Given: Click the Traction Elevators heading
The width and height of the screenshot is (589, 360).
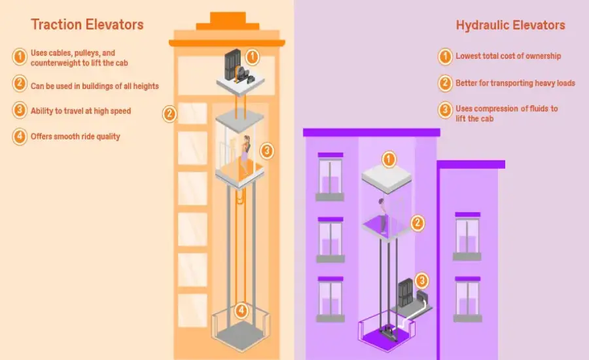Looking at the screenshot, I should [x=87, y=26].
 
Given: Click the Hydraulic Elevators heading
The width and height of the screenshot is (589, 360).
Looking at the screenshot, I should [x=510, y=26].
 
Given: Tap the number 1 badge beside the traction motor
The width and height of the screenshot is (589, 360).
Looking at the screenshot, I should [x=253, y=57].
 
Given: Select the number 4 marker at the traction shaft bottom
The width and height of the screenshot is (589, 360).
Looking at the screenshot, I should [x=241, y=310].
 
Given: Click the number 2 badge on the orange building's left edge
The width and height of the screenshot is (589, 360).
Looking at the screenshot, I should [x=170, y=114].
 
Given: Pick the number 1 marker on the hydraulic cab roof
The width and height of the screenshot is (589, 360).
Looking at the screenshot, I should [x=389, y=159].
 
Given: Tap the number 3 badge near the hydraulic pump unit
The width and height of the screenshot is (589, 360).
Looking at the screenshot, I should [x=422, y=281].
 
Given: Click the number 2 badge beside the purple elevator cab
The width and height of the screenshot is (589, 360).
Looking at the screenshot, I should [x=417, y=223].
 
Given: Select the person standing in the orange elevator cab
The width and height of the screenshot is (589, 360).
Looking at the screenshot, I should [x=245, y=156].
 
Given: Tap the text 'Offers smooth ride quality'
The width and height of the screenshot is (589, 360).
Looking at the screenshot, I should [x=75, y=137].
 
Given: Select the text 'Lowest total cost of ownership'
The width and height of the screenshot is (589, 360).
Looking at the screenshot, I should [x=508, y=56].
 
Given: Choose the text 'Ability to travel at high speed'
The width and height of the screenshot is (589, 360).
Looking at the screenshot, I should [x=80, y=111].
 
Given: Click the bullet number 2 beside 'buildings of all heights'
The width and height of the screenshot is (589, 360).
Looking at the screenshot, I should [x=19, y=84].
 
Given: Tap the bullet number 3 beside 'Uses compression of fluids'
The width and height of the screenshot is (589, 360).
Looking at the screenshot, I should [x=445, y=109].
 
